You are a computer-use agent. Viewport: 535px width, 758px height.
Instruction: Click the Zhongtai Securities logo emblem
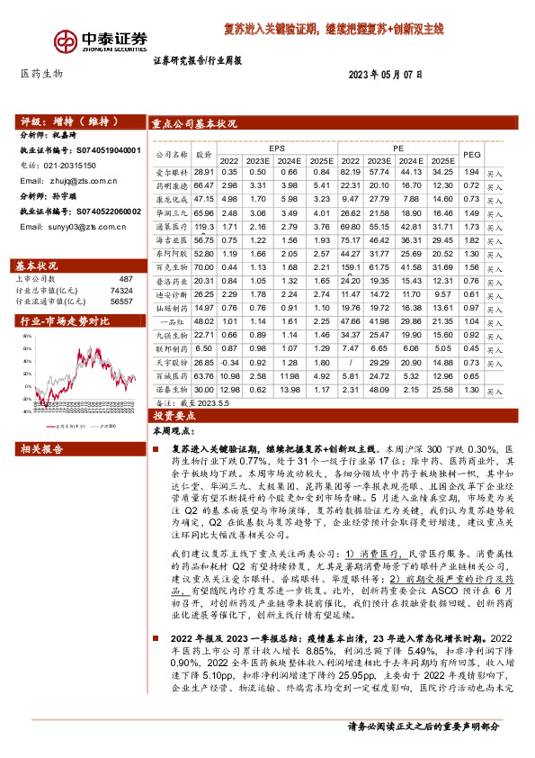pos(65,42)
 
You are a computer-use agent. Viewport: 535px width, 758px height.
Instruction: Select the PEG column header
pos(496,155)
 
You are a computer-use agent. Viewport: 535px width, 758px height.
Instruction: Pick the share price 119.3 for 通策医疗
pos(204,229)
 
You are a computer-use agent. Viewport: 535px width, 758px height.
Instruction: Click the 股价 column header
pos(204,155)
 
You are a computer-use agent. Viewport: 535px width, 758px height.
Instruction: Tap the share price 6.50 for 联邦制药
pos(204,348)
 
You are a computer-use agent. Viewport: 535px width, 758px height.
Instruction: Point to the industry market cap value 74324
pos(121,292)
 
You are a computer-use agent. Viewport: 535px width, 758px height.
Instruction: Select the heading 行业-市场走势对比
pos(60,321)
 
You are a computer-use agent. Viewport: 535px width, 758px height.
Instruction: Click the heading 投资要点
pos(174,417)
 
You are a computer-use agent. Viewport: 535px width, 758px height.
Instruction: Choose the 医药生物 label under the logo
pos(41,75)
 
